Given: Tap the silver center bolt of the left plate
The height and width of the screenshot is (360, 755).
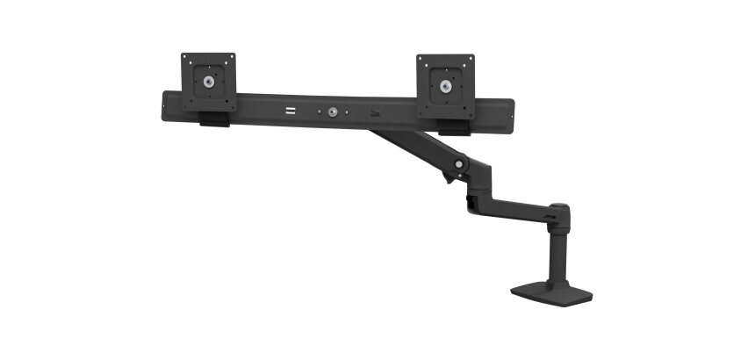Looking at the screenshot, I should click(208, 83).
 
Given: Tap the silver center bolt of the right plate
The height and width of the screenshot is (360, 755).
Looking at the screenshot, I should click(446, 86).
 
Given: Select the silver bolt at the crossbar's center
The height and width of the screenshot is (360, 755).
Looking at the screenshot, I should click(334, 112).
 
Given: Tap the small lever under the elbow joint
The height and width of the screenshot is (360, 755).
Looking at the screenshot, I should click(449, 179).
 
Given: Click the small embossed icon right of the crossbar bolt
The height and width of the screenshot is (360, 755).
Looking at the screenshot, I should click(376, 113).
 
